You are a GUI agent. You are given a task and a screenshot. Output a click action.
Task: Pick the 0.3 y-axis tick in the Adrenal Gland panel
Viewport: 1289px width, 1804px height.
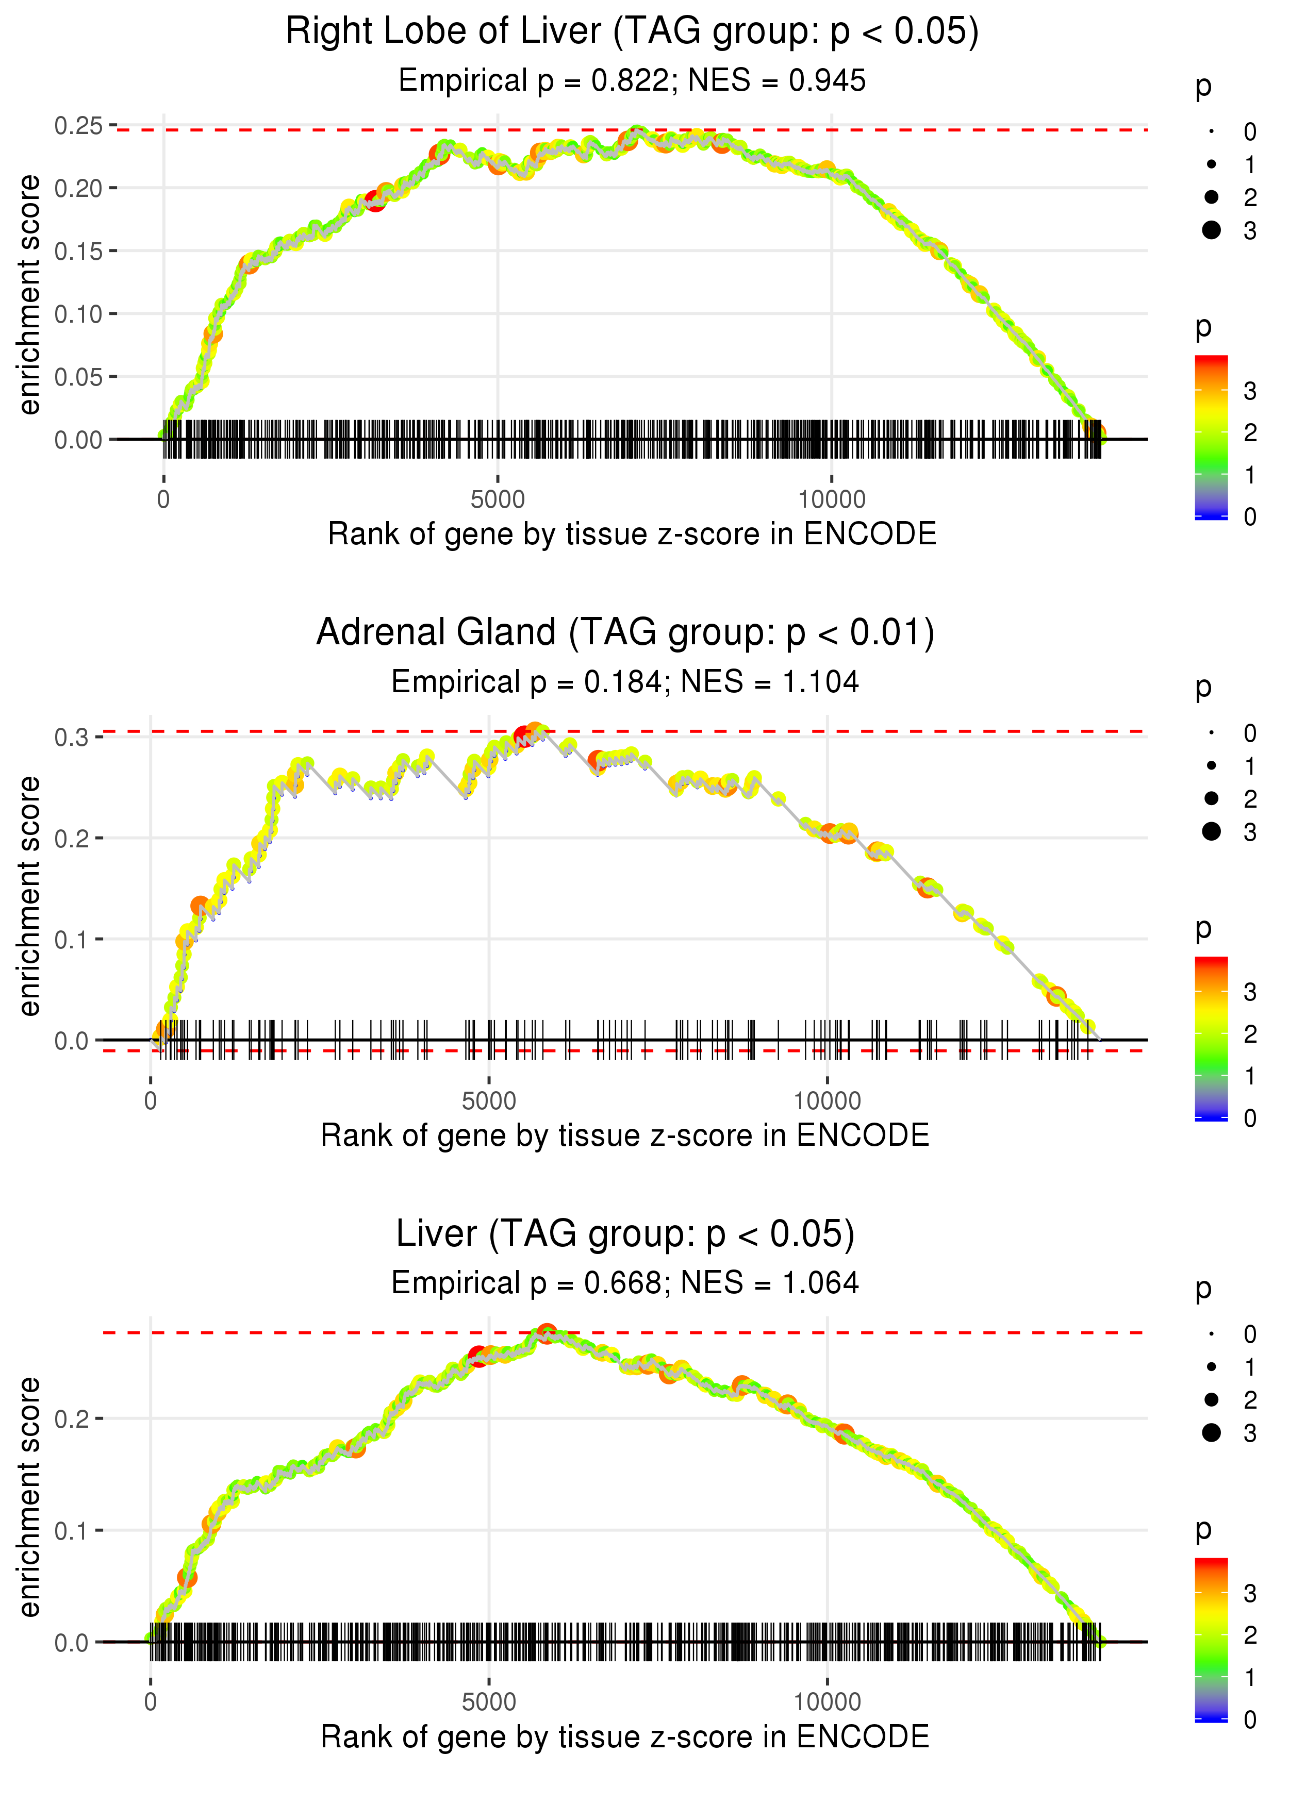[72, 737]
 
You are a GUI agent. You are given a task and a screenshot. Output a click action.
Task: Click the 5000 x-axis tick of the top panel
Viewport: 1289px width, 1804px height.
[498, 500]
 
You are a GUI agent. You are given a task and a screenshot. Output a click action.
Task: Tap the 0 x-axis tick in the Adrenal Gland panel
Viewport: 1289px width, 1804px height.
[151, 1101]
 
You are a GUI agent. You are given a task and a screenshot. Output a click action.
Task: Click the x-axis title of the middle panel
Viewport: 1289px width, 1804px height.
[625, 1135]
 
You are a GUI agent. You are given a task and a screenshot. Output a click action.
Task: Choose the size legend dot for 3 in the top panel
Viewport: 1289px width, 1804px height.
[1211, 230]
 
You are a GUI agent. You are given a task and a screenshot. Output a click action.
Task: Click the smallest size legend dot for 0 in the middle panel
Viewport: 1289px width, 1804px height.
[1211, 733]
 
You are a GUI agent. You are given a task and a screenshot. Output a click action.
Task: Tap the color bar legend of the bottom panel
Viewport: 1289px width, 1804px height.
[1211, 1638]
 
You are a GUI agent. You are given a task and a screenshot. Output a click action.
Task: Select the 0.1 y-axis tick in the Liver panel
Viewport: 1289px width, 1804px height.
[72, 1530]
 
